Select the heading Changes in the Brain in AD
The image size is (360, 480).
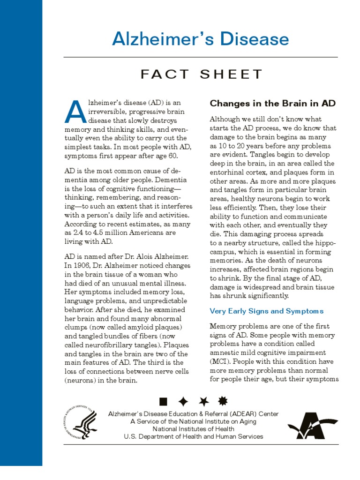[x=272, y=103]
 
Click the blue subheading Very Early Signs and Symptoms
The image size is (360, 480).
[x=266, y=311]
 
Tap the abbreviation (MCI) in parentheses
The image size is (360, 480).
[x=220, y=361]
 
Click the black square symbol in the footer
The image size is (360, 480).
[x=163, y=401]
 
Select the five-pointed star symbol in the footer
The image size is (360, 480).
[x=203, y=401]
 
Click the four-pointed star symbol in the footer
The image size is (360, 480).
[x=183, y=401]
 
